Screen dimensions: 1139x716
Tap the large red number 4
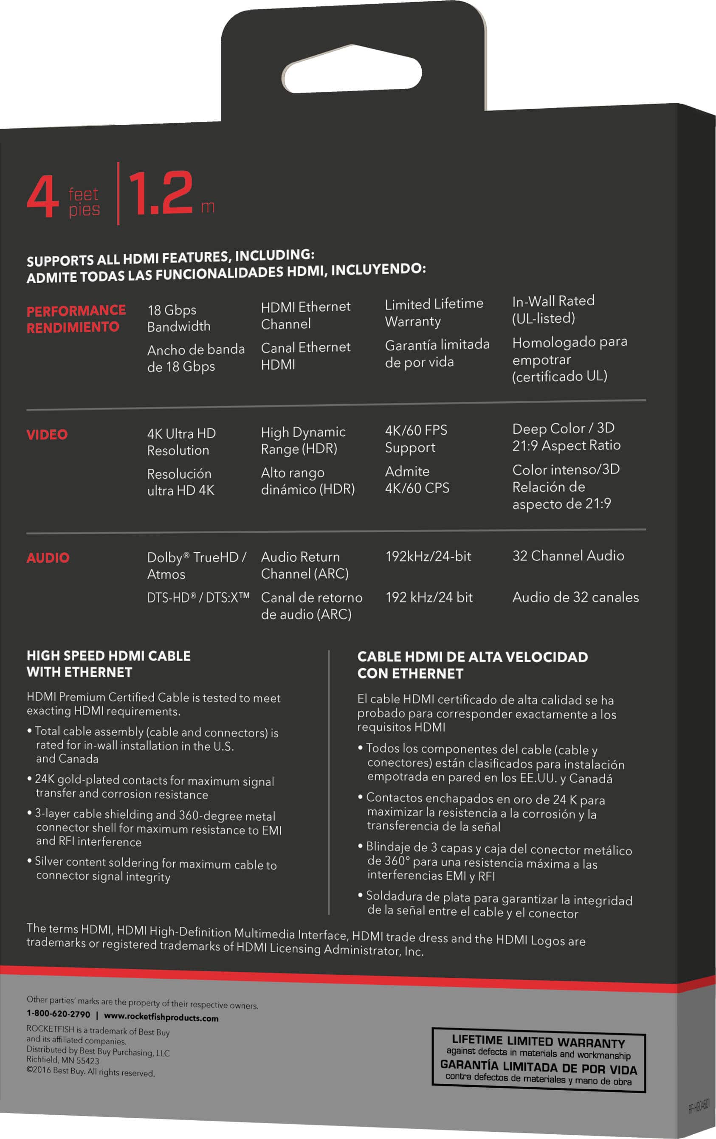point(42,196)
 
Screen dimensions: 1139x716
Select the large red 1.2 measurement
point(161,194)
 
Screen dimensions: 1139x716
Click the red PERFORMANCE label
point(76,311)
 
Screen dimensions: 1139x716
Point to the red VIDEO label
point(47,435)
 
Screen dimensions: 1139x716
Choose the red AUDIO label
point(48,558)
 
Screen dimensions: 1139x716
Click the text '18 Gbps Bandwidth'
point(178,318)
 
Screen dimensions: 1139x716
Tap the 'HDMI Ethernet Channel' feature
point(305,315)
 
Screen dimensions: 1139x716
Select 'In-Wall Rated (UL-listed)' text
point(553,309)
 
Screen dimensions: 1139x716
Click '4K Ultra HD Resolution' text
point(181,442)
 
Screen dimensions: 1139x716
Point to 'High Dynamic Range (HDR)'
point(303,440)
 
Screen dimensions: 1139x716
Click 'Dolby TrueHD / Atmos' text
point(196,565)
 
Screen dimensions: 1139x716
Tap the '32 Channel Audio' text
point(568,556)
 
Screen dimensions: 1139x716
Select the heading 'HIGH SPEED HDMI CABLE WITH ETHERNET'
point(108,664)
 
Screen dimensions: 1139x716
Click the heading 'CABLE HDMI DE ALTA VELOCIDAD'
point(472,657)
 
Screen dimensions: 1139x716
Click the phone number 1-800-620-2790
point(58,1014)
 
